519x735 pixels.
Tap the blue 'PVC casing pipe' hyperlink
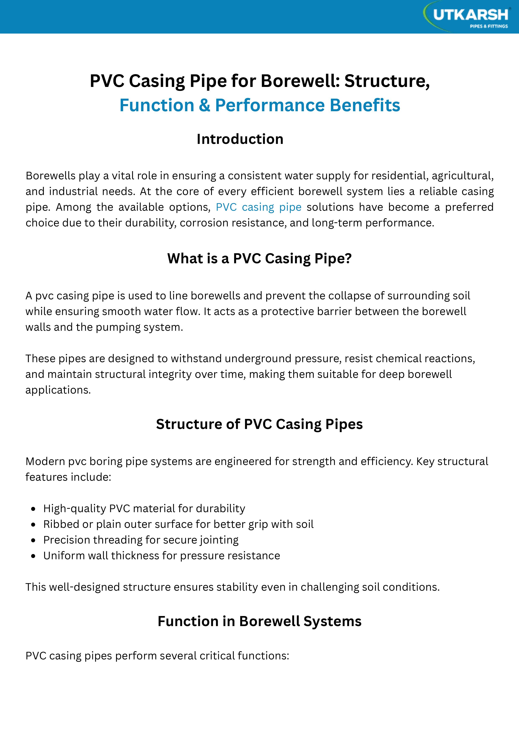tap(258, 207)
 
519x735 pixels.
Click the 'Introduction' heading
tap(240, 139)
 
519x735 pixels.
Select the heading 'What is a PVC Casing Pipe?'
tap(259, 258)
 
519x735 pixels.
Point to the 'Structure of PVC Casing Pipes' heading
tap(259, 424)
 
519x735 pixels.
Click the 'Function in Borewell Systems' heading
tap(259, 621)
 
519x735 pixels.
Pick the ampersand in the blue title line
tap(204, 105)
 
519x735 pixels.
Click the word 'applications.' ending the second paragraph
tap(58, 390)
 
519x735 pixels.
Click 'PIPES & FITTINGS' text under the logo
tap(489, 26)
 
